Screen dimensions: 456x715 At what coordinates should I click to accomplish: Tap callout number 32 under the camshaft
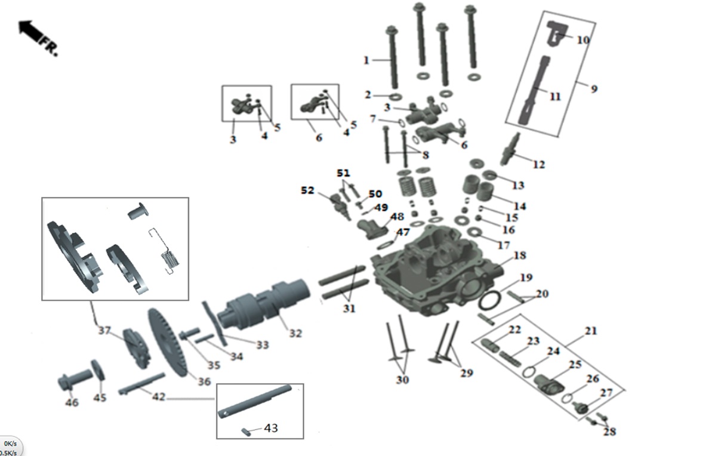tap(295, 333)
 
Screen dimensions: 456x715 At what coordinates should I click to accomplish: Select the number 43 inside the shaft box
tap(270, 428)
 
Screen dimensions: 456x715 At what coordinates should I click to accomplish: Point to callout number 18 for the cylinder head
tap(519, 255)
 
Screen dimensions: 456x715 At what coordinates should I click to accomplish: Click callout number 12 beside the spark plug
tap(538, 164)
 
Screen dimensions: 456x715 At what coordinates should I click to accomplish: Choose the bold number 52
tap(307, 190)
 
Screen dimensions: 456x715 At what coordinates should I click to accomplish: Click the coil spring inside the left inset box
tap(171, 260)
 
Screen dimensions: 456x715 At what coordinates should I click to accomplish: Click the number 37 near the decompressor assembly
tap(104, 331)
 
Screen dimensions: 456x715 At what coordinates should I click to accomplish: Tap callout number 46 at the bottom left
tap(72, 403)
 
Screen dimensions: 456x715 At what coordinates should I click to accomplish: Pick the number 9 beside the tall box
tap(594, 89)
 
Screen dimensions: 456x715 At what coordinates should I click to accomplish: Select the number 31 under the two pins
tap(349, 309)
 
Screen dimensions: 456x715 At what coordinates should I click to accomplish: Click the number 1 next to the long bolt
tap(366, 60)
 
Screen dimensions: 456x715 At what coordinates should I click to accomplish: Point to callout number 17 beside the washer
tap(504, 245)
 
